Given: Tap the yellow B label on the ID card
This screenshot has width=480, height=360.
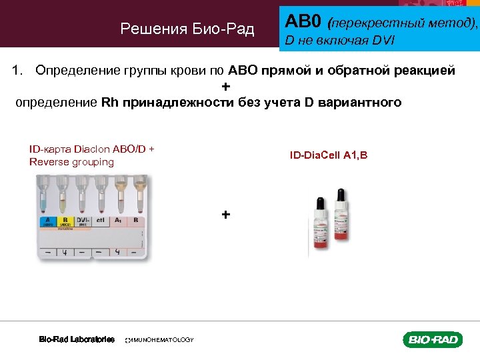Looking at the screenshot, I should [x=65, y=221].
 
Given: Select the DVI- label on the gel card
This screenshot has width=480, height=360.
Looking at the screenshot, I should [x=84, y=221].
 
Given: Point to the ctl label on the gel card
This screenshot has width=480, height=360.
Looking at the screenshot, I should [x=101, y=220].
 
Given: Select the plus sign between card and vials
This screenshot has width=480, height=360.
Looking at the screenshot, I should [x=226, y=215].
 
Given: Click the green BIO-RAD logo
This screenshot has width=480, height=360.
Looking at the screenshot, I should [x=432, y=340].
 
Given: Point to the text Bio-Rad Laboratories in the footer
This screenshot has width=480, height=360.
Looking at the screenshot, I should [x=77, y=339].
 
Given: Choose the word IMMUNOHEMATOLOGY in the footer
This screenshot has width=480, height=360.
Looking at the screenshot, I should [x=160, y=340].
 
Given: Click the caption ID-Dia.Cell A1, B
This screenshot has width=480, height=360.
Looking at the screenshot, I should [x=328, y=155].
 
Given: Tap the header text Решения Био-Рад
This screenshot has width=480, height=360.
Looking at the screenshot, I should [x=187, y=29].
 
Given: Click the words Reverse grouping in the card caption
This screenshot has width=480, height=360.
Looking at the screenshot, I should [x=71, y=162].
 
